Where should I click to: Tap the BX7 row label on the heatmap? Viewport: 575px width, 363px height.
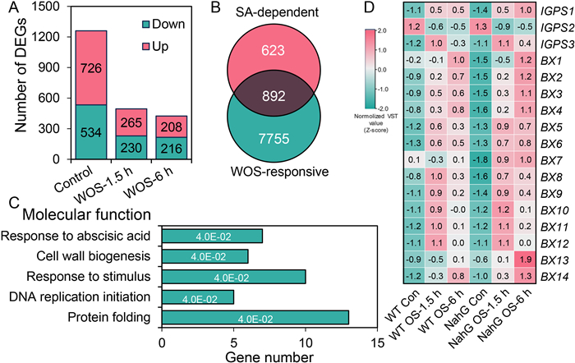pos(553,158)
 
